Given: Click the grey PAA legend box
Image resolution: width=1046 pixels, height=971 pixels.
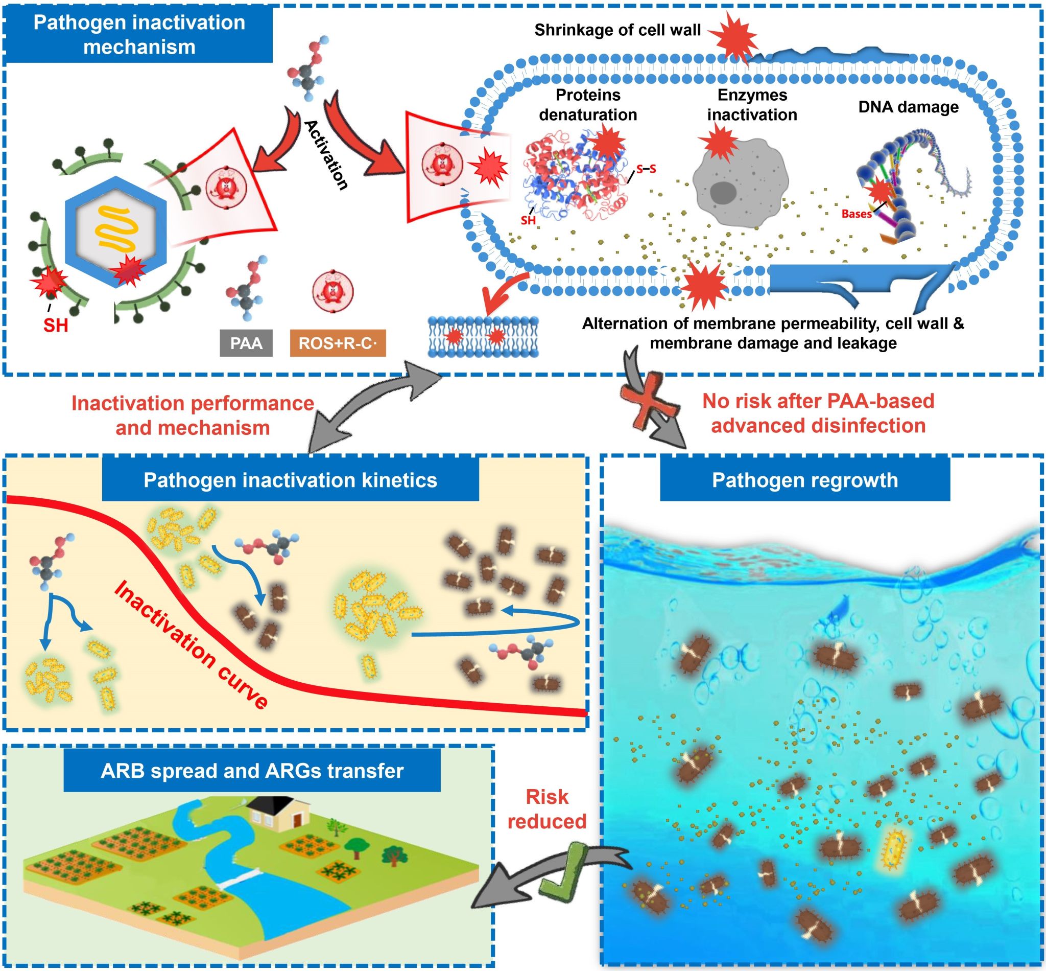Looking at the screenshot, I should (246, 343).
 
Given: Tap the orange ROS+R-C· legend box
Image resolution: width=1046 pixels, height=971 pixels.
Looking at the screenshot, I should (338, 343).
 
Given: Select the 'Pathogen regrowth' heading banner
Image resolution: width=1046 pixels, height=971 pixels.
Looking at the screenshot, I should (804, 480).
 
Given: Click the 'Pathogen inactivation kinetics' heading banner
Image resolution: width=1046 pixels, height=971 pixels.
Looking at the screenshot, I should (291, 480).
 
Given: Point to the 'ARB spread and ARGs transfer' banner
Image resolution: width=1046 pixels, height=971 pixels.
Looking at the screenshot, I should (252, 771).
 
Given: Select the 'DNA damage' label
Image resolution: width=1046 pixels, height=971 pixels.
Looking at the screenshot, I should (908, 107).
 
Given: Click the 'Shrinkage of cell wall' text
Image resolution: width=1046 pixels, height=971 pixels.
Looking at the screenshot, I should (617, 30).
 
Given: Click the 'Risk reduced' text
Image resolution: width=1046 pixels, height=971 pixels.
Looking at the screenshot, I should (546, 809).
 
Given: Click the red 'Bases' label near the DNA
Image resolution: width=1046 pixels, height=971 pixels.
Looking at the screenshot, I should (857, 214).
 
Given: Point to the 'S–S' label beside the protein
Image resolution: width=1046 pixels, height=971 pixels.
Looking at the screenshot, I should (646, 169).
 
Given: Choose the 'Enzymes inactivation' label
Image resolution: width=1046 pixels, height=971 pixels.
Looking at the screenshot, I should (752, 105).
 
